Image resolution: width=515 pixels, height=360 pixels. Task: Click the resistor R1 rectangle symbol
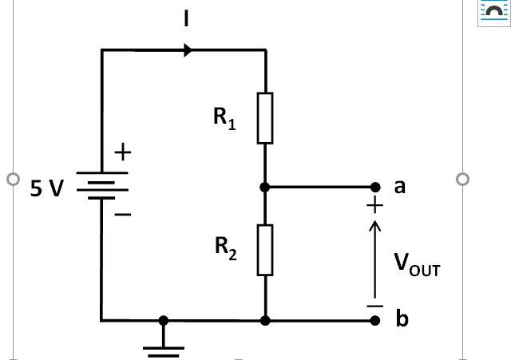point(265,118)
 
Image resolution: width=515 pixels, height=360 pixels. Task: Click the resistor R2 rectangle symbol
point(265,250)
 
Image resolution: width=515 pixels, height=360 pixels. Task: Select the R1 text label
point(224,119)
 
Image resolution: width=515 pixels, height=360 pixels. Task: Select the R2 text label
point(226,248)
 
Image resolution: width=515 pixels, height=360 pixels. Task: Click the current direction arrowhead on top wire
point(188,50)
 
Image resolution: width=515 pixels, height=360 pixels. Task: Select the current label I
point(186,18)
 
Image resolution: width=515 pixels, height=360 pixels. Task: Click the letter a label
point(400,187)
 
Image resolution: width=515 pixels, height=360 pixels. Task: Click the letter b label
point(402,319)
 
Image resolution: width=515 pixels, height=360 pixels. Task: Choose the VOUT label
point(416,264)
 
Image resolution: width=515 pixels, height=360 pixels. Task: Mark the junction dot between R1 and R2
point(265,188)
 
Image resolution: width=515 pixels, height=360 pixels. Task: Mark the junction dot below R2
point(265,321)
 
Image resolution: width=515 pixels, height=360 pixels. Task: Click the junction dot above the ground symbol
point(164,321)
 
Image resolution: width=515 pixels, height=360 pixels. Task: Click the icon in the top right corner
point(493,11)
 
